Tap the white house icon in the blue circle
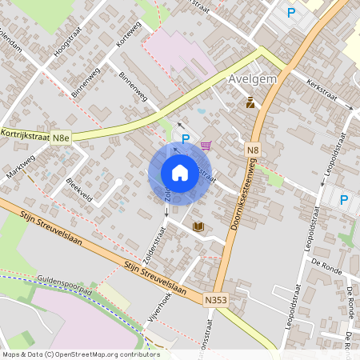[x=179, y=173]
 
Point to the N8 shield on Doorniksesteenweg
[x=253, y=150]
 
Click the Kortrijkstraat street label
[x=25, y=136]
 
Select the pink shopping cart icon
[x=206, y=146]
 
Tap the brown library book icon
[x=198, y=227]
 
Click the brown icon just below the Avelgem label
[x=250, y=102]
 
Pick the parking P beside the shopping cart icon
[x=186, y=139]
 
